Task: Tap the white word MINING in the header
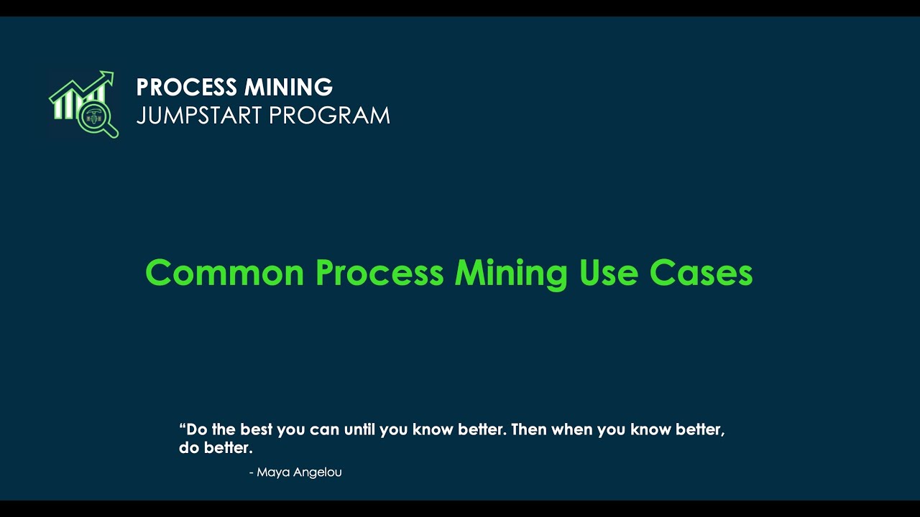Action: (x=288, y=88)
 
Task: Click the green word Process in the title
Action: (x=379, y=273)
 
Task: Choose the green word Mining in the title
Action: (x=511, y=273)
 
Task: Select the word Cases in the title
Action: (x=701, y=273)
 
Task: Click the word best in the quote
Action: (x=257, y=430)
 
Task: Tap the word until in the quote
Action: (x=359, y=430)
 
